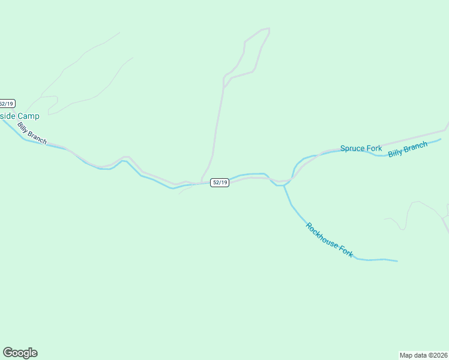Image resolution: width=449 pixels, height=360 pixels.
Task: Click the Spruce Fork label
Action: tap(361, 148)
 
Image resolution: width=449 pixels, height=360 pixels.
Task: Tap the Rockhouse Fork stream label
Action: tap(330, 241)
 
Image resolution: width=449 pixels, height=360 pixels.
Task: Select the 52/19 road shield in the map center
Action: tap(220, 182)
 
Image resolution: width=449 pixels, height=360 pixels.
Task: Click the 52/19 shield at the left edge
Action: tap(7, 103)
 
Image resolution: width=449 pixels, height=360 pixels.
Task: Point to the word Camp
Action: tap(28, 116)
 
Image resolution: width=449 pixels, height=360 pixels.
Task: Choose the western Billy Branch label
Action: tap(32, 133)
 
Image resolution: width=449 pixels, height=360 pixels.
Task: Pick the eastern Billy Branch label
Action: tap(408, 149)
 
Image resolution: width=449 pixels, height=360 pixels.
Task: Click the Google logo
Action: tap(20, 353)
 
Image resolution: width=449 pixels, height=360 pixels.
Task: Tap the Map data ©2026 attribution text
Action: tap(424, 355)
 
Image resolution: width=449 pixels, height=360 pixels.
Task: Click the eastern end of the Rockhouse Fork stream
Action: tap(397, 261)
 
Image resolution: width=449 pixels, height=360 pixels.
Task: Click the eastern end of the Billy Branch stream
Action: tap(441, 139)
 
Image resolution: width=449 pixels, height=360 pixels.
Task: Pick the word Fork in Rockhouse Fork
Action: tap(346, 251)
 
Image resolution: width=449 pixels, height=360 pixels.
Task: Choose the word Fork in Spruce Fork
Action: tap(374, 148)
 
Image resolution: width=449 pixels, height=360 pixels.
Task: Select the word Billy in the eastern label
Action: tap(396, 152)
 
